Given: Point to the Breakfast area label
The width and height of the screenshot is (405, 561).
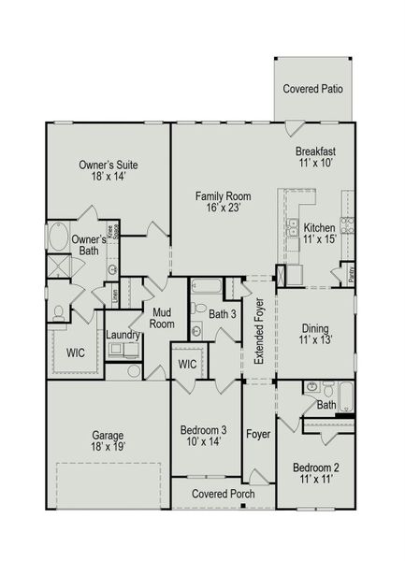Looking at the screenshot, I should [x=315, y=151].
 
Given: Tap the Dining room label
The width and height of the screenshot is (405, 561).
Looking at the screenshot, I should [x=314, y=328].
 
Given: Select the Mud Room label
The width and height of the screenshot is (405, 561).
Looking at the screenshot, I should [x=160, y=319].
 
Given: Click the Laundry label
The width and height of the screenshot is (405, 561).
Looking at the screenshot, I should [x=123, y=335].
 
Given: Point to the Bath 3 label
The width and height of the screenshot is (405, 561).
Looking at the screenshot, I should [x=222, y=314].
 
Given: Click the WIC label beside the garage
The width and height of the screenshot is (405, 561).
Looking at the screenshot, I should [x=76, y=353].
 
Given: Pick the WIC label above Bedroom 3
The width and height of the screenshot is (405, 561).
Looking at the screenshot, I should [x=186, y=363].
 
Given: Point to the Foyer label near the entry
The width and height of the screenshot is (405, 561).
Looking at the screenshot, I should [x=258, y=434].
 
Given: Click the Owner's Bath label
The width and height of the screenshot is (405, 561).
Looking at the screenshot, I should [x=90, y=245].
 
